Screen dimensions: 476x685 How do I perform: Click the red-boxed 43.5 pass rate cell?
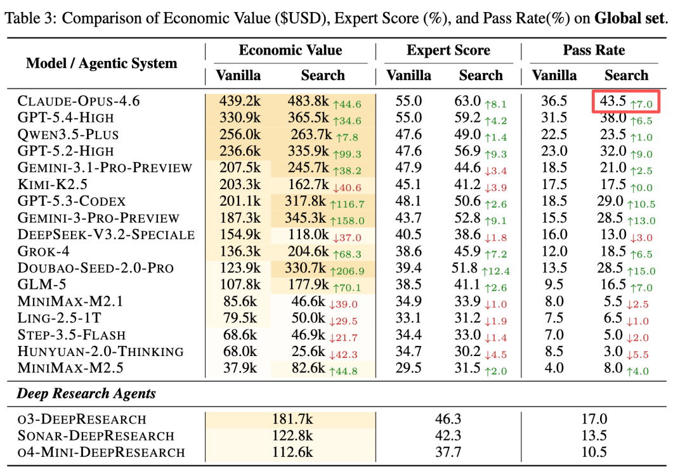pos(627,102)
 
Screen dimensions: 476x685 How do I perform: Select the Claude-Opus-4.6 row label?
pos(79,102)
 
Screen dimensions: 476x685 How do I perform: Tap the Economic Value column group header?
pos(290,51)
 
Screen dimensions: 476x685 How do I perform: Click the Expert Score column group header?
pos(448,51)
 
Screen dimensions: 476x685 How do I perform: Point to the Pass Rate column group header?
pos(594,51)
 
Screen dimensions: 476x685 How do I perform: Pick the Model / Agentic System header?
pos(101,63)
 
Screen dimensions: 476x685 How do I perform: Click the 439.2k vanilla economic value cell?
pos(238,102)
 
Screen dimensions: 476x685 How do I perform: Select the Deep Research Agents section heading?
pos(86,393)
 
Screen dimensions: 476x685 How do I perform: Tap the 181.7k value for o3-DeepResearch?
pos(290,419)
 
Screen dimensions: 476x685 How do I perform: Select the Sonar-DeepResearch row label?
pos(96,435)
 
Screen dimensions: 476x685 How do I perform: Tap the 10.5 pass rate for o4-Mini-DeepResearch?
pos(594,452)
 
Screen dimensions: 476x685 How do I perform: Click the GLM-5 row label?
pos(42,284)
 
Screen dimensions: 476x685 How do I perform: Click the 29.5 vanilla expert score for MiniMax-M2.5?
pos(408,368)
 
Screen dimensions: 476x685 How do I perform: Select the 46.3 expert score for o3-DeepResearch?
pos(448,419)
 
